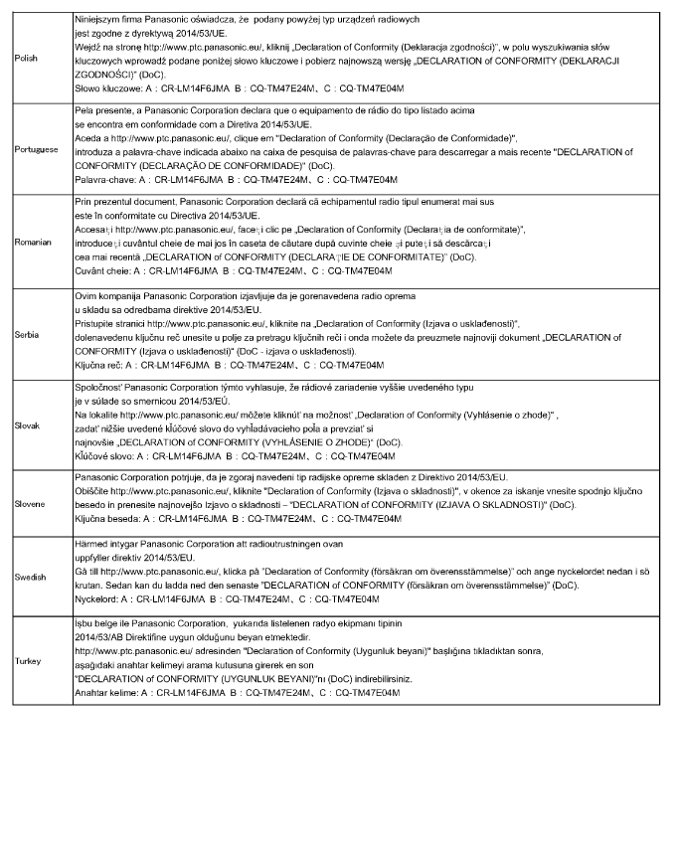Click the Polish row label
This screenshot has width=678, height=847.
tap(27, 59)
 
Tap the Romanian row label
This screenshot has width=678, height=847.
tap(33, 241)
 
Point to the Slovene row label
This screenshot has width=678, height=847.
tap(30, 490)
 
